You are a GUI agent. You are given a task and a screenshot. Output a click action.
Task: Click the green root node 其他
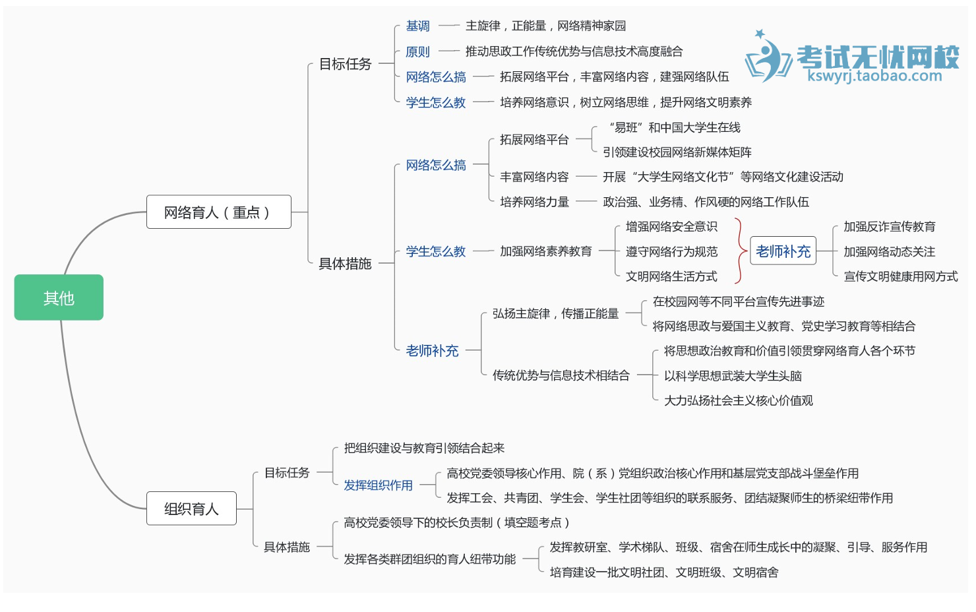pyautogui.click(x=59, y=298)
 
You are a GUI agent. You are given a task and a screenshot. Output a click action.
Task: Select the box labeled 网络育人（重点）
pyautogui.click(x=218, y=212)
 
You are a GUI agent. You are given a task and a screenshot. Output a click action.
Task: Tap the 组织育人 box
pyautogui.click(x=191, y=508)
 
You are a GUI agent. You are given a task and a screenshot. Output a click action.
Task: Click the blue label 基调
pyautogui.click(x=417, y=26)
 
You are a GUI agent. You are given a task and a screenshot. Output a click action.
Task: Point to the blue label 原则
pyautogui.click(x=417, y=51)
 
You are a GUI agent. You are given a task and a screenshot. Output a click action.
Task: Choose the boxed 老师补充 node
pyautogui.click(x=783, y=251)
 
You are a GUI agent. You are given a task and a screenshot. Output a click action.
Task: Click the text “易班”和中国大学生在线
pyautogui.click(x=674, y=127)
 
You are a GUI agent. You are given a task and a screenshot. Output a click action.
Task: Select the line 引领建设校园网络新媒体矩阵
pyautogui.click(x=677, y=152)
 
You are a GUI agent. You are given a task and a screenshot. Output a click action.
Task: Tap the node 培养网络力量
pyautogui.click(x=534, y=202)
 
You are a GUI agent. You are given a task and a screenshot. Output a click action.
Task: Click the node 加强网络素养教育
pyautogui.click(x=545, y=251)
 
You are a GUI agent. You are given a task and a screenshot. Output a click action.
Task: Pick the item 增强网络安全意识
pyautogui.click(x=671, y=227)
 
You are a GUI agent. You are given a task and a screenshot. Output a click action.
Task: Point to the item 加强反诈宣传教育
pyautogui.click(x=889, y=227)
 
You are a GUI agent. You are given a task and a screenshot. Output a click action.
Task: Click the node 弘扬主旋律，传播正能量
pyautogui.click(x=555, y=314)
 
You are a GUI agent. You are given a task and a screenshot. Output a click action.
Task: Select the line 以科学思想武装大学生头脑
pyautogui.click(x=733, y=376)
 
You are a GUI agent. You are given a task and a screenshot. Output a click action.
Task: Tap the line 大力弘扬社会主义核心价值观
pyautogui.click(x=738, y=400)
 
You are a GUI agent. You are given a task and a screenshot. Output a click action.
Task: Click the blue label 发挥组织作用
pyautogui.click(x=378, y=485)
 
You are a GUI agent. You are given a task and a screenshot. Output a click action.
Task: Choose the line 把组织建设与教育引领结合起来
pyautogui.click(x=424, y=448)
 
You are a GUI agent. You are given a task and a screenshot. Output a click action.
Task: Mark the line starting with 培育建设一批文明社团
pyautogui.click(x=663, y=572)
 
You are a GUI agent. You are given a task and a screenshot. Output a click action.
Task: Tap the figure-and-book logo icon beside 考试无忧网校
pyautogui.click(x=768, y=58)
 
